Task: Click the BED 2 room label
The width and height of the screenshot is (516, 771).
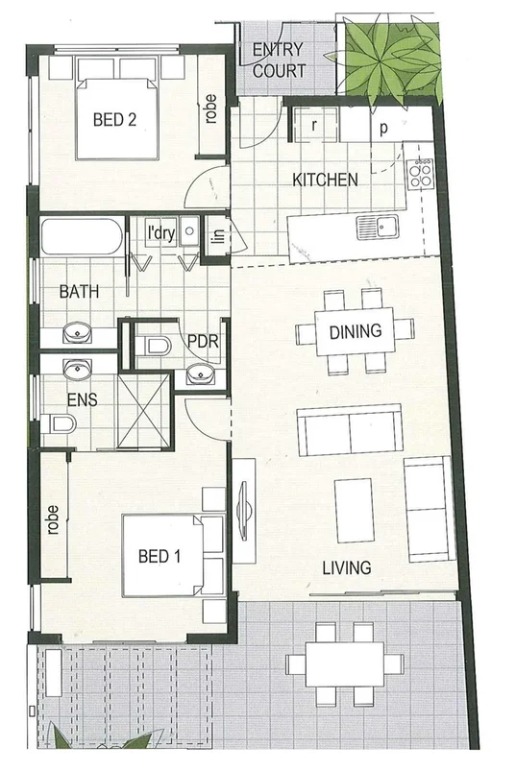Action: coord(113,120)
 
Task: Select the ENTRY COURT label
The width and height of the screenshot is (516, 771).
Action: coord(278,60)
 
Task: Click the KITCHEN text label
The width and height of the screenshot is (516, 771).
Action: coord(325,180)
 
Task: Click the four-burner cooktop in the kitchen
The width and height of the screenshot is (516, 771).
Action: coord(420,172)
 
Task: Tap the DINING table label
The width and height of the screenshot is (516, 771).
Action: coord(355,332)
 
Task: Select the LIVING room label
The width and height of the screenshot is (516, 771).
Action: coord(346,567)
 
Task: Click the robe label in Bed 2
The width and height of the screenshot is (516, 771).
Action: coord(210,108)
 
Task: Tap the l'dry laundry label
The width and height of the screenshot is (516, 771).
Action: coord(159,231)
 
